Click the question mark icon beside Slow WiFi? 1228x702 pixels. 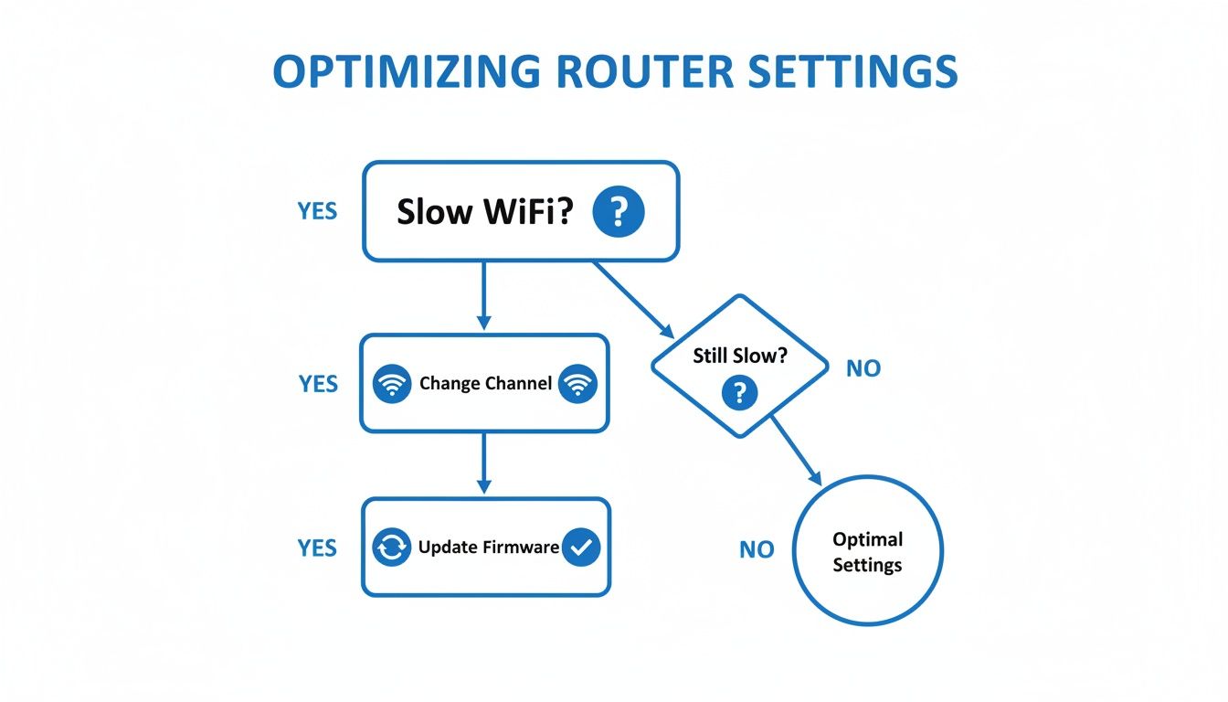pyautogui.click(x=619, y=212)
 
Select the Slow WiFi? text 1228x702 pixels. pyautogui.click(x=485, y=213)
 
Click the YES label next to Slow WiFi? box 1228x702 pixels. pyautogui.click(x=317, y=211)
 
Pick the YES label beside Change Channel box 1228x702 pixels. pyautogui.click(x=318, y=384)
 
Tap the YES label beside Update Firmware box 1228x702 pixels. pyautogui.click(x=317, y=548)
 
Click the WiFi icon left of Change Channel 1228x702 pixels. pyautogui.click(x=393, y=384)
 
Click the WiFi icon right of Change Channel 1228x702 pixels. pyautogui.click(x=577, y=384)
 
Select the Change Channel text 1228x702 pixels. pyautogui.click(x=485, y=384)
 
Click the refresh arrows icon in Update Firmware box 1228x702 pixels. pyautogui.click(x=393, y=548)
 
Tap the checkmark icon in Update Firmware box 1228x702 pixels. pyautogui.click(x=581, y=548)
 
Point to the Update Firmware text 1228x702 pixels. pyautogui.click(x=488, y=548)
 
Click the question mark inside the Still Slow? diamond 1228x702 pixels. pyautogui.click(x=740, y=393)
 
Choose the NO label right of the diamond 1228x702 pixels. pyautogui.click(x=863, y=368)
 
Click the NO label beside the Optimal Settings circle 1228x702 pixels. pyautogui.click(x=757, y=549)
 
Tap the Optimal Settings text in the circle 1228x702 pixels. pyautogui.click(x=867, y=552)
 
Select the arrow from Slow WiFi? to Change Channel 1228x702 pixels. pyautogui.click(x=484, y=296)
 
